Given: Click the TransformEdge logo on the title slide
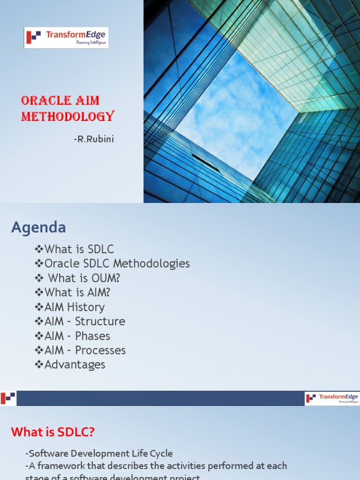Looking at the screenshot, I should [66, 37].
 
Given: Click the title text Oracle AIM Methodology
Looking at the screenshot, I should [67, 108].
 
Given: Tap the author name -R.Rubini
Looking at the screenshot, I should [94, 139].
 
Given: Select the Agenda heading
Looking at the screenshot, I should [38, 228].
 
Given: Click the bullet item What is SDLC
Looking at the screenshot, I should [75, 249].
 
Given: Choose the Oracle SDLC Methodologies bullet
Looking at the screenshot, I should [112, 264].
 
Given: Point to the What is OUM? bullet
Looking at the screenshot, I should [78, 278].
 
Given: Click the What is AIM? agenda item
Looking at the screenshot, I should [73, 292].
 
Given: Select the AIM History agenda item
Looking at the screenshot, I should [70, 307].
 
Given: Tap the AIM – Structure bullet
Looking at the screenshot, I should [80, 322].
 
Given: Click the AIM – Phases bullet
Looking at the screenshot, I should [73, 336].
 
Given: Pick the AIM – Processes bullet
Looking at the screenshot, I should [81, 351].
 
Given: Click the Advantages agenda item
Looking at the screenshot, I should [70, 365].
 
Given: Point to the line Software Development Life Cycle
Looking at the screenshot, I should [99, 454].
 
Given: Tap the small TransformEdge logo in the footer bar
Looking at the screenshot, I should [332, 398].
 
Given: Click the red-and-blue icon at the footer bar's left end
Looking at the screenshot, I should [8, 398].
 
